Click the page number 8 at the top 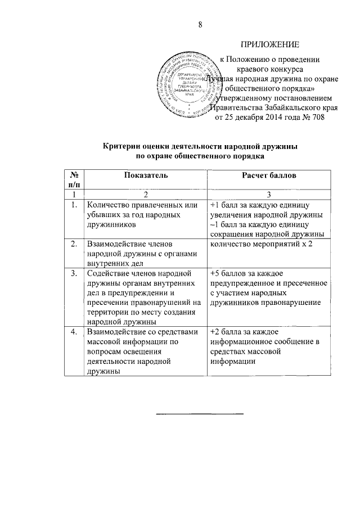pyautogui.click(x=200, y=24)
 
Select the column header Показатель pyautogui.click(x=145, y=175)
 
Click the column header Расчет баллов pyautogui.click(x=269, y=175)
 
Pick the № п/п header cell pyautogui.click(x=74, y=180)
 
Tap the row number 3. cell pyautogui.click(x=74, y=273)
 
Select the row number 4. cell pyautogui.click(x=74, y=332)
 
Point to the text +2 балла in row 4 pyautogui.click(x=228, y=332)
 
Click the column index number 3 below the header pyautogui.click(x=269, y=195)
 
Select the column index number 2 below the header pyautogui.click(x=145, y=195)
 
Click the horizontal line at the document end pyautogui.click(x=200, y=414)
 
